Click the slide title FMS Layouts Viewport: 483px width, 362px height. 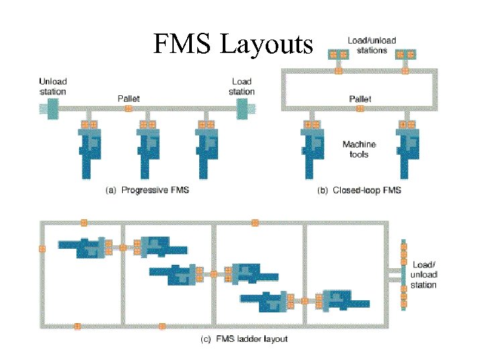[233, 45]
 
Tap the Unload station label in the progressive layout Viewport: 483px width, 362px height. [52, 86]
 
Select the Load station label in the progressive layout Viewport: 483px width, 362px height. [241, 86]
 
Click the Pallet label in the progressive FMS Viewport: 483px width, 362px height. [128, 99]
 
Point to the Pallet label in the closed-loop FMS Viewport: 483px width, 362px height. [360, 99]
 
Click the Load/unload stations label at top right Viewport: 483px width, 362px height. [372, 45]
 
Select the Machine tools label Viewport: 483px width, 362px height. [359, 149]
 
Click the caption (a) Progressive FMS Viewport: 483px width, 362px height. [148, 190]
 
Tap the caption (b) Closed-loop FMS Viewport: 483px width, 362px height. [359, 190]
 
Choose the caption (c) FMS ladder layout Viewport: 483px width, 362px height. [244, 339]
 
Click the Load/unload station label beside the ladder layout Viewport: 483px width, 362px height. [424, 275]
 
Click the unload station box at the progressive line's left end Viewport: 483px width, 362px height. [49, 107]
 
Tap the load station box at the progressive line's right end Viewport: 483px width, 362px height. [243, 107]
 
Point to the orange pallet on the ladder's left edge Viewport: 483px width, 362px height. [42, 249]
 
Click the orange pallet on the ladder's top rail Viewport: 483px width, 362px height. [84, 223]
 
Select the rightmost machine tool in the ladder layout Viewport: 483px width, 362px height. [345, 301]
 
